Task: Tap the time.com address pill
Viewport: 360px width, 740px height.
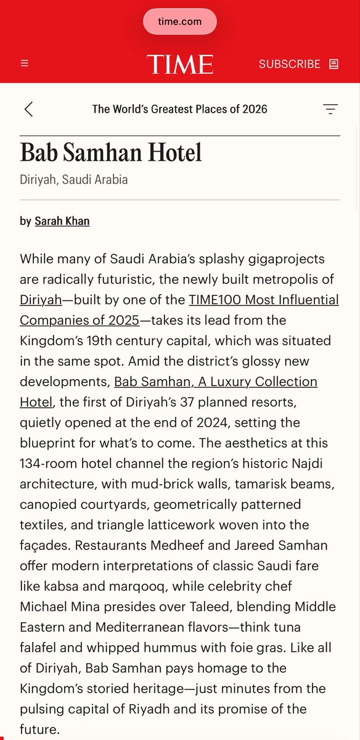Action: coord(179,22)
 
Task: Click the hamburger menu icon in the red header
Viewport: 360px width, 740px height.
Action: coord(25,64)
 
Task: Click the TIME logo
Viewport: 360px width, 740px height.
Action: coord(179,64)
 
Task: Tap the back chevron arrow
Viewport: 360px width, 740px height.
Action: coord(28,109)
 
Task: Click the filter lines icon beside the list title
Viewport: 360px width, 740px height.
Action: coord(330,109)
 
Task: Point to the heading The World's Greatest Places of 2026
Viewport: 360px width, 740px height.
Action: coord(179,109)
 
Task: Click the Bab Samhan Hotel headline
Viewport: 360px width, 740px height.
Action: coord(111,152)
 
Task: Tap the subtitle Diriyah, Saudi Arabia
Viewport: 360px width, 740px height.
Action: coord(73,180)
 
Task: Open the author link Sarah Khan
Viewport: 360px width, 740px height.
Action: coord(62,221)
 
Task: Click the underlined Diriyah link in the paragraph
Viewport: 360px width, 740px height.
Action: coord(41,300)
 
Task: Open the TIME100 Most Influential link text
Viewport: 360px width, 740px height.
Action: coord(264,300)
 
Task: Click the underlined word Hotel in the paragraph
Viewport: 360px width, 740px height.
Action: coord(36,402)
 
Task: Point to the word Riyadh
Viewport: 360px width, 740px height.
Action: coord(182,708)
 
